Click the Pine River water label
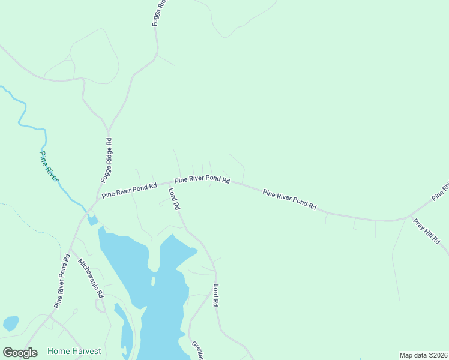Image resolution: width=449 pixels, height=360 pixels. (x=49, y=166)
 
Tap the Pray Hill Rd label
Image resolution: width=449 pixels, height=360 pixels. (x=427, y=231)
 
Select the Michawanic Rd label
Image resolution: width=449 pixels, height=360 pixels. (x=92, y=279)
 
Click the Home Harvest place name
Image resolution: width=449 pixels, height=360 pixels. (x=74, y=351)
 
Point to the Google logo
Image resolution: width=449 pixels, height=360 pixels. (x=20, y=353)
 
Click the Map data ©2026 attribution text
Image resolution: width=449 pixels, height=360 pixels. (x=423, y=355)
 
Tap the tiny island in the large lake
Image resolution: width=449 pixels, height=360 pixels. (x=154, y=281)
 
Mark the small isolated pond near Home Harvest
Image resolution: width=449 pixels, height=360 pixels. (x=11, y=323)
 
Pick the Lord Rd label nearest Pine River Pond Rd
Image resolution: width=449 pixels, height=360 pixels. (x=174, y=199)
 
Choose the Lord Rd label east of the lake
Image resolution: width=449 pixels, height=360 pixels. (x=215, y=296)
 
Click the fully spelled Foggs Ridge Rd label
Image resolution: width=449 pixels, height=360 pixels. (x=106, y=160)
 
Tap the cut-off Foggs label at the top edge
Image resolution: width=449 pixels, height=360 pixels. (x=158, y=12)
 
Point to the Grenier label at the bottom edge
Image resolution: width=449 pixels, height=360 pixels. (x=198, y=350)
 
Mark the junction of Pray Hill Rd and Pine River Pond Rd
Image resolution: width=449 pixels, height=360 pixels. (x=409, y=216)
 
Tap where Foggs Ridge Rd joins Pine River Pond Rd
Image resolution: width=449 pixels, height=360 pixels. (x=98, y=199)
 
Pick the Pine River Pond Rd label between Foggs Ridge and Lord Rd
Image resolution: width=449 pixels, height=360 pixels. (x=129, y=190)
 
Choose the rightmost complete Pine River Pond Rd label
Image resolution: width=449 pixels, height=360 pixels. (x=289, y=199)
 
